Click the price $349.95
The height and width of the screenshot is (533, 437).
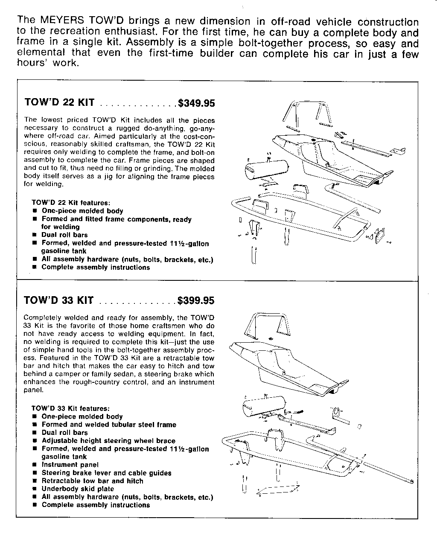[x=196, y=103]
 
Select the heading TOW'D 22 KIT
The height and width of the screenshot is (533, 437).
[x=59, y=103]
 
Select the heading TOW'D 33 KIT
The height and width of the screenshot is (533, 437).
[x=58, y=300]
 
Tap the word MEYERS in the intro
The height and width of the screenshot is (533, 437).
[x=61, y=20]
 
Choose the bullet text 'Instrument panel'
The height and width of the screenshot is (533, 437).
[x=70, y=465]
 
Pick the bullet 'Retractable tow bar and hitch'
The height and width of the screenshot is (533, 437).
[x=92, y=481]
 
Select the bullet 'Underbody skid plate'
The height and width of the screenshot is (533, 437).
[x=78, y=489]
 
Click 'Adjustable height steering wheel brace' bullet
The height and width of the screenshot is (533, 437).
[x=108, y=441]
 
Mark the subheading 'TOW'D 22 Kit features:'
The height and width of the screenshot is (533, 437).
[x=71, y=203]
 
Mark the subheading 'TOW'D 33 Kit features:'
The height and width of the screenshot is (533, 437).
[x=71, y=408]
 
